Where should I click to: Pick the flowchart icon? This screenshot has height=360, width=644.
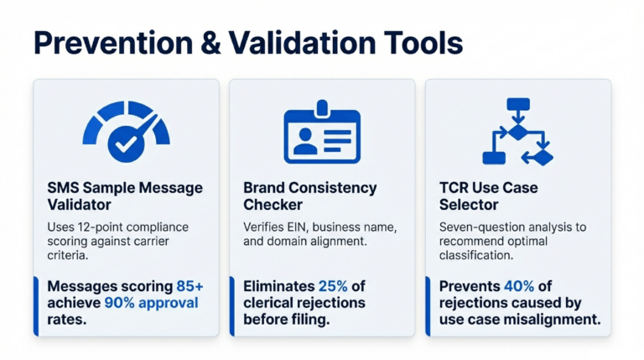tap(517, 132)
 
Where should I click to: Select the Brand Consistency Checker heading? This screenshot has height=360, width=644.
tap(309, 196)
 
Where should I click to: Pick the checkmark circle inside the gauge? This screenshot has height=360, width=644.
tap(127, 144)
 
